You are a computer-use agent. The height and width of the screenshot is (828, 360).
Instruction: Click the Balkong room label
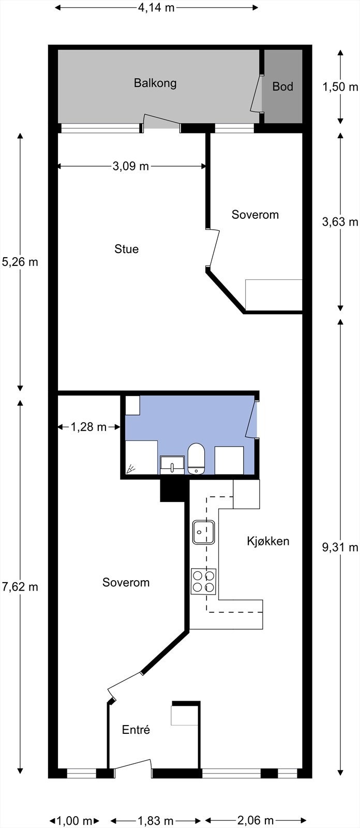pos(155,83)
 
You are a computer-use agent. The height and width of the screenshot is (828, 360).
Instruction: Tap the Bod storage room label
pos(282,86)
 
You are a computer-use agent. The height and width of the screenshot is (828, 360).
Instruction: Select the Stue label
pos(127,249)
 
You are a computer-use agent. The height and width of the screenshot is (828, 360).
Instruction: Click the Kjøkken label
pos(267,541)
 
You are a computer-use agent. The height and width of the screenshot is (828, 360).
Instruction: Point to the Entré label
pos(136,730)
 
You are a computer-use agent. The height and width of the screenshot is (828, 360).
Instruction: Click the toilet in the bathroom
pos(196,459)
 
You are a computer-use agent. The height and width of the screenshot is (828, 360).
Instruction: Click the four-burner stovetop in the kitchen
pos(204,581)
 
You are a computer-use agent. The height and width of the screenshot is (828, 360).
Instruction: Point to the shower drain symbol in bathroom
pos(131,469)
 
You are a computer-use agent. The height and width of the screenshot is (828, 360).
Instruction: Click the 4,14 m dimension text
pos(156,8)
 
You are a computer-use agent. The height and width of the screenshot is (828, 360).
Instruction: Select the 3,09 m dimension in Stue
pos(130,166)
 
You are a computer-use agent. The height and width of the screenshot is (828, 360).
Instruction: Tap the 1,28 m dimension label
pos(88,427)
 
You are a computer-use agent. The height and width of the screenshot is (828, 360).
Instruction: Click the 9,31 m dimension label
pos(340,548)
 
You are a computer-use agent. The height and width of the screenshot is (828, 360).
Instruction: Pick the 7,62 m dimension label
pos(20,587)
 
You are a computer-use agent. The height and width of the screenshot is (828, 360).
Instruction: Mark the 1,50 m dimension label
pos(340,87)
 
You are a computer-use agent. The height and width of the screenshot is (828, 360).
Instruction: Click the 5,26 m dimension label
pos(20,262)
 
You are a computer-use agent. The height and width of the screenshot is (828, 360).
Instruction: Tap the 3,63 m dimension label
pos(340,222)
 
